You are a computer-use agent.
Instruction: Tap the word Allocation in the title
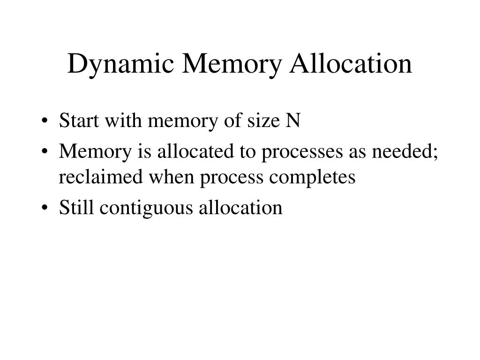[351, 64]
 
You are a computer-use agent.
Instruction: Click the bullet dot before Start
[44, 122]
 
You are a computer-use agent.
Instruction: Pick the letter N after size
[293, 121]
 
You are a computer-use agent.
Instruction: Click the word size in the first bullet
[266, 121]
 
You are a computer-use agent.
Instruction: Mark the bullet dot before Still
[44, 208]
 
